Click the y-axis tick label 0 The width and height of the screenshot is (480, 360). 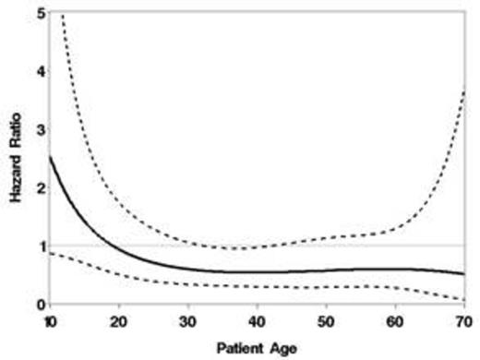[42, 304]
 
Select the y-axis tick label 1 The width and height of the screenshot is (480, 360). [42, 246]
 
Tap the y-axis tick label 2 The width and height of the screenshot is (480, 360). [42, 188]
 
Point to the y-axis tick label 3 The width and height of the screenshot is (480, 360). [42, 130]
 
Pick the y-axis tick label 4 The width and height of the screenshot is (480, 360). [42, 72]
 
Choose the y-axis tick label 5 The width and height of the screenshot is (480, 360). [42, 14]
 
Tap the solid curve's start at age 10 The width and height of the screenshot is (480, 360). [52, 157]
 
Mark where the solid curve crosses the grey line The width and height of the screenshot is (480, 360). [112, 246]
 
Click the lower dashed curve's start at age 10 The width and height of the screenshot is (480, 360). [52, 253]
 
